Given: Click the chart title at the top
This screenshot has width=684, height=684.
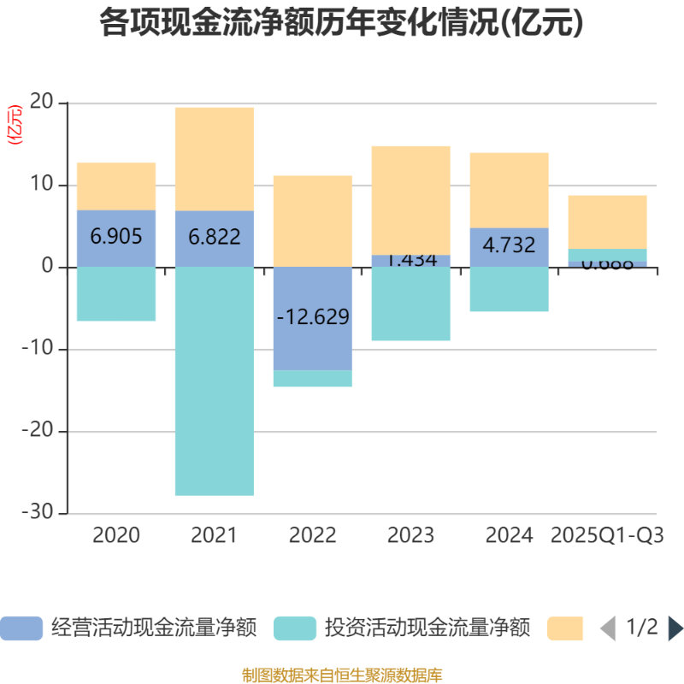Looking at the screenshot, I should point(342,23).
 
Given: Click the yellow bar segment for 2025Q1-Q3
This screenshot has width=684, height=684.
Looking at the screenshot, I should point(608,221).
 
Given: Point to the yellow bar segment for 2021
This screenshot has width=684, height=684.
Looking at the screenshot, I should point(215,158).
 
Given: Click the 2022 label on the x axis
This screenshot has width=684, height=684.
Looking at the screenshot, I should point(313,536).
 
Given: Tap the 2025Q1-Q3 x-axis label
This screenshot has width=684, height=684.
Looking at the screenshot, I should point(608,536).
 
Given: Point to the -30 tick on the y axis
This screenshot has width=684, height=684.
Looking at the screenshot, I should point(38,513).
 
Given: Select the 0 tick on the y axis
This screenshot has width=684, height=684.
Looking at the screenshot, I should point(48,268).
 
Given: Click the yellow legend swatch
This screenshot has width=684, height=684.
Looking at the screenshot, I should point(565,628).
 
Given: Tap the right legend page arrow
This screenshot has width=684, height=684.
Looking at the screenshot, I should point(675,628).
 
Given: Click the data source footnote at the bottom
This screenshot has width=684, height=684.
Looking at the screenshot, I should point(342,675).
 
